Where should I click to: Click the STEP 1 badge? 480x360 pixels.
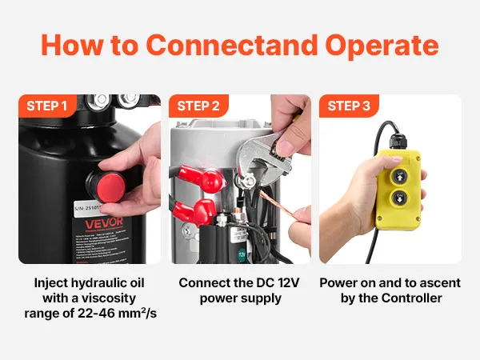pos(47,106)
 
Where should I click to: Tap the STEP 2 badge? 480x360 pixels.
pos(198,106)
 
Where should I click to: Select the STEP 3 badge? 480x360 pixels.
pos(349,106)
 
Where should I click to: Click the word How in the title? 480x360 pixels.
pos(72,46)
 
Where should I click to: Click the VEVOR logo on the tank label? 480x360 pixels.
pos(99,224)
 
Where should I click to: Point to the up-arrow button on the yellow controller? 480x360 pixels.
pos(399,176)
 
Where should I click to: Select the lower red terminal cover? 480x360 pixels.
pos(194,211)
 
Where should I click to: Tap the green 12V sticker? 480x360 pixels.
pos(242,254)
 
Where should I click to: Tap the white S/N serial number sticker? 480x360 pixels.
pos(88,208)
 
